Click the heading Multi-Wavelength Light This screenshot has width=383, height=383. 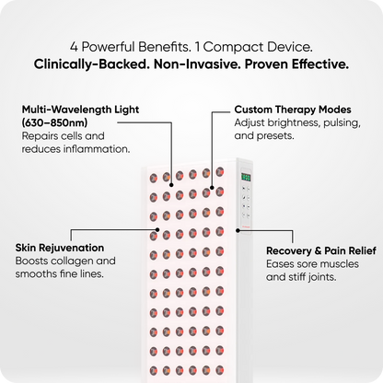coord(80,110)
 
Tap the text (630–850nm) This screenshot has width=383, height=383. coord(54,122)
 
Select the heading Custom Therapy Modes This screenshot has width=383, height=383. coord(293,110)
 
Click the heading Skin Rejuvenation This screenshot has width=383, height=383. coord(60,248)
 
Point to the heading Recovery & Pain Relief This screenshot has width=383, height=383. coord(321,250)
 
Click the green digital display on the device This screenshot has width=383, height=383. coord(246,177)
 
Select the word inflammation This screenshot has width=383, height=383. coord(97,149)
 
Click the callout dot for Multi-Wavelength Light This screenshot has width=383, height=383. coord(171,185)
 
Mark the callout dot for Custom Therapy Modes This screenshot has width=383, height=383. coord(212,187)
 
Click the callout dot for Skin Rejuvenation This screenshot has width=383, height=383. coord(157,229)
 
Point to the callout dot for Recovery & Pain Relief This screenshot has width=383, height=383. coord(238,230)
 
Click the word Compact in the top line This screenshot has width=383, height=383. coord(234,47)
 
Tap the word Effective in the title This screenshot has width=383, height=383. coord(320,64)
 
